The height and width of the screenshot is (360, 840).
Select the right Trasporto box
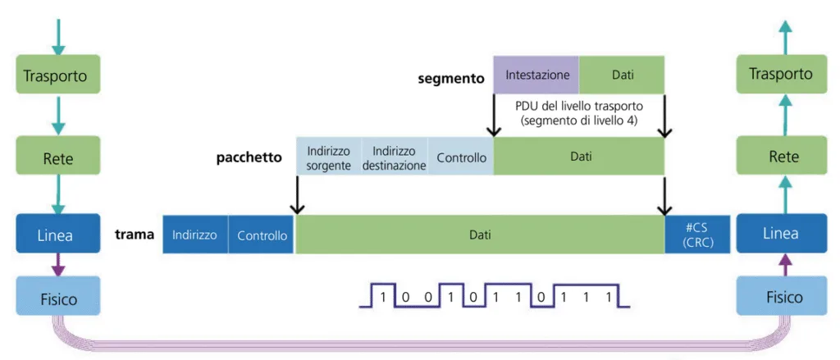(x=781, y=75)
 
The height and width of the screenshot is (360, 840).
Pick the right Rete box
(x=781, y=156)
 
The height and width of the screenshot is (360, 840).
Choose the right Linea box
(x=781, y=233)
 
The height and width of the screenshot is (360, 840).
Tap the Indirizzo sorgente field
(x=328, y=157)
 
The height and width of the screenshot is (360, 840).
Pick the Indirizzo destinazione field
(x=394, y=157)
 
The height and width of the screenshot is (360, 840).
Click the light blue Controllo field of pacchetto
(x=461, y=157)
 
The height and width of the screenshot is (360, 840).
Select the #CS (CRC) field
(x=697, y=235)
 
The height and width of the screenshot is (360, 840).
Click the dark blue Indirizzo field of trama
(x=194, y=235)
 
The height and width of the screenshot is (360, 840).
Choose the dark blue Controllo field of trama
(x=262, y=235)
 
